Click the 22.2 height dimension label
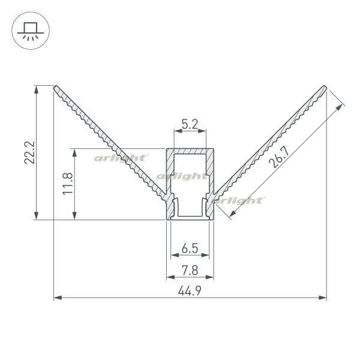[29, 152]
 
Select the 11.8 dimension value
[68, 184]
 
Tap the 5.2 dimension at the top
[190, 125]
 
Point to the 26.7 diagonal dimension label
[279, 157]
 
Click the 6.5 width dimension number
[190, 248]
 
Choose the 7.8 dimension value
[190, 270]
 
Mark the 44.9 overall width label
[190, 291]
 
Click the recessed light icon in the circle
[31, 31]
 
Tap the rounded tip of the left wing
[56, 88]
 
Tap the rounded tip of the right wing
[324, 88]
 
